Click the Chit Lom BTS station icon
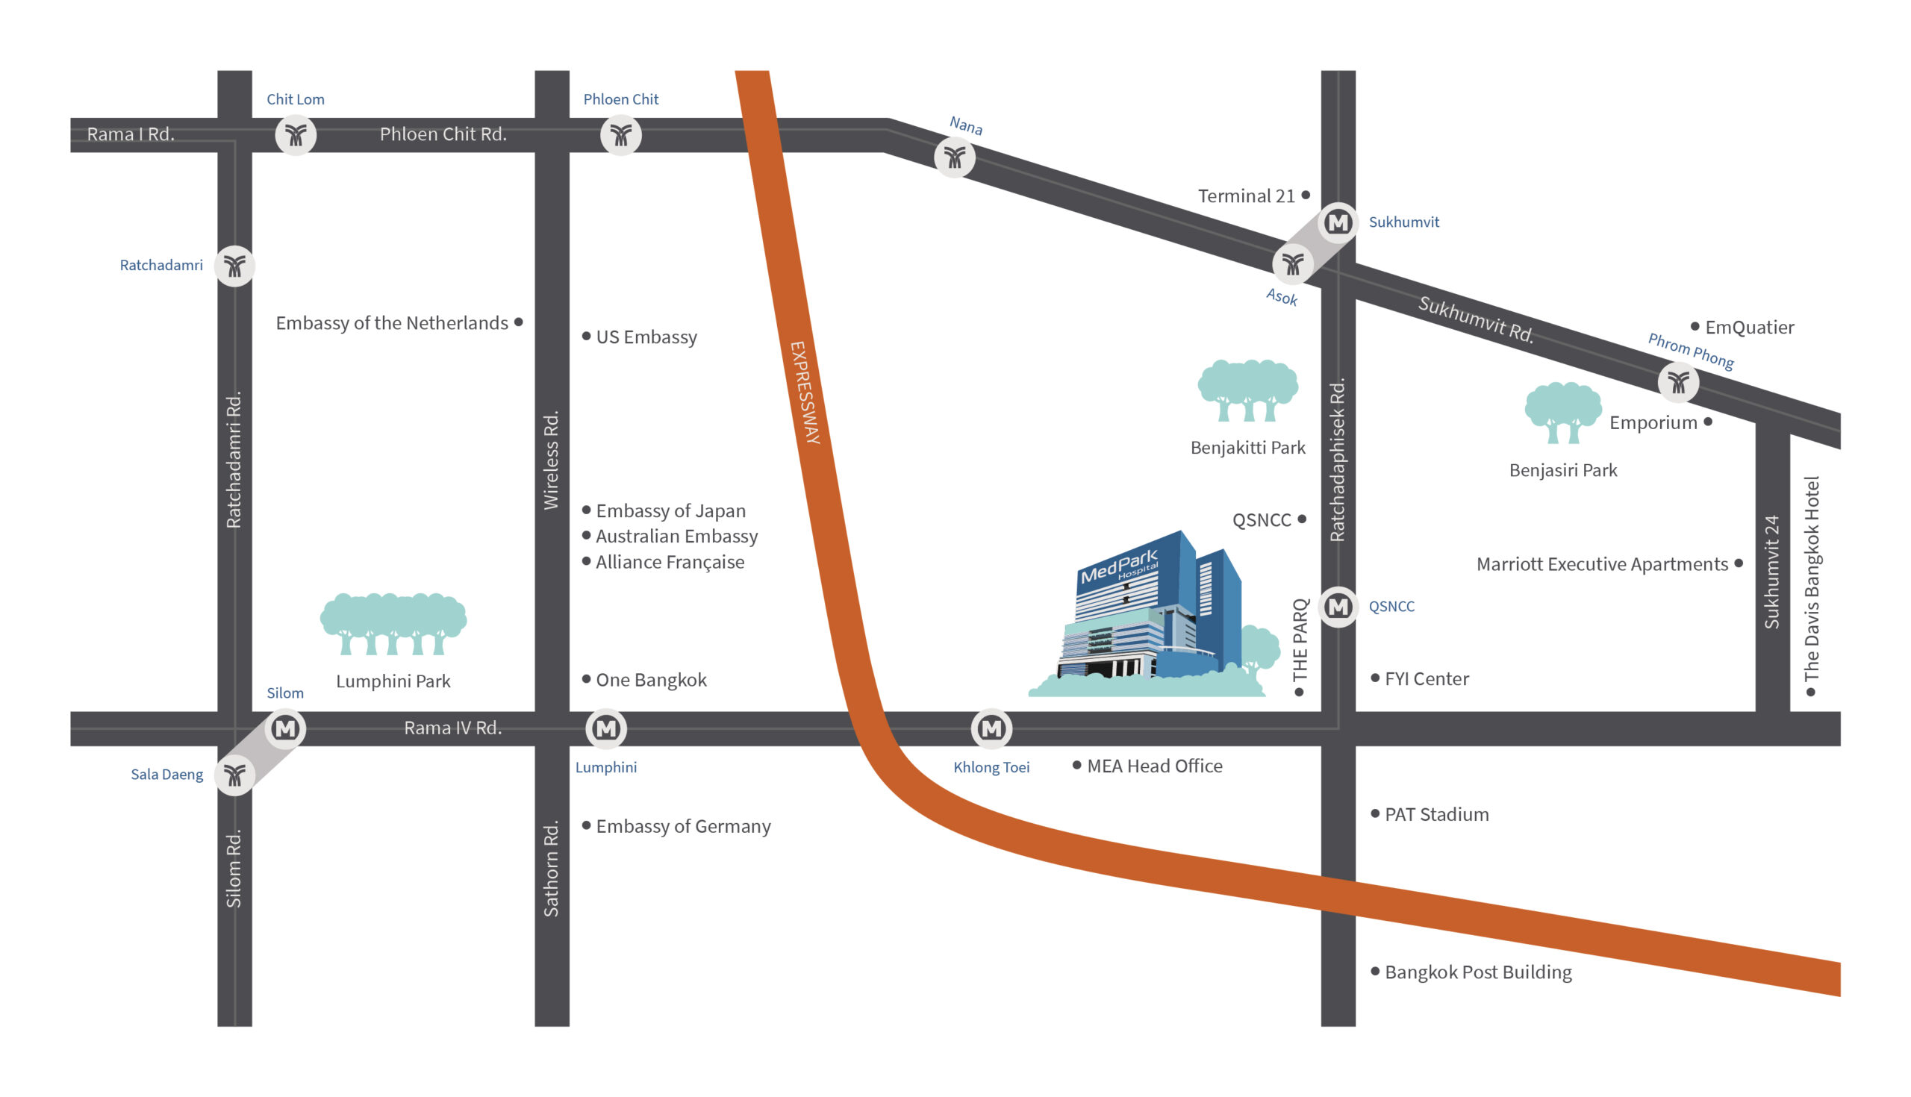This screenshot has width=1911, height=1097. (x=296, y=136)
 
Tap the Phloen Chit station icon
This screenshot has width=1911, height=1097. (x=621, y=136)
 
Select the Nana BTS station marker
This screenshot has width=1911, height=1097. (x=955, y=158)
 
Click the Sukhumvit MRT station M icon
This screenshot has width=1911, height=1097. (x=1338, y=223)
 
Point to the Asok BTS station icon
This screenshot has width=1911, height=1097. (x=1293, y=264)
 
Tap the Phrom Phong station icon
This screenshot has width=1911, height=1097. (x=1679, y=383)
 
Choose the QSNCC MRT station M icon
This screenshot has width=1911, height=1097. (x=1338, y=607)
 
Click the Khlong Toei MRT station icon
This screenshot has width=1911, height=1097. (x=991, y=728)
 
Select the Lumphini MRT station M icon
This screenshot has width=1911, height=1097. (x=607, y=728)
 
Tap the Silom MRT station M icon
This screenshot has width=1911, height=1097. (x=286, y=728)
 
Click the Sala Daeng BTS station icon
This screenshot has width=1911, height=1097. (x=235, y=775)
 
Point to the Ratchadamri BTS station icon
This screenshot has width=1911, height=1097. (x=235, y=266)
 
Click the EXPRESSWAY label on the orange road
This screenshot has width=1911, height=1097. (x=805, y=393)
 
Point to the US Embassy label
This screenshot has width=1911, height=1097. (x=646, y=337)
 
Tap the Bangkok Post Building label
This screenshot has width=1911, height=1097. (x=1478, y=972)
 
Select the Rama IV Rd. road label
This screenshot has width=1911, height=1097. (x=453, y=728)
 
